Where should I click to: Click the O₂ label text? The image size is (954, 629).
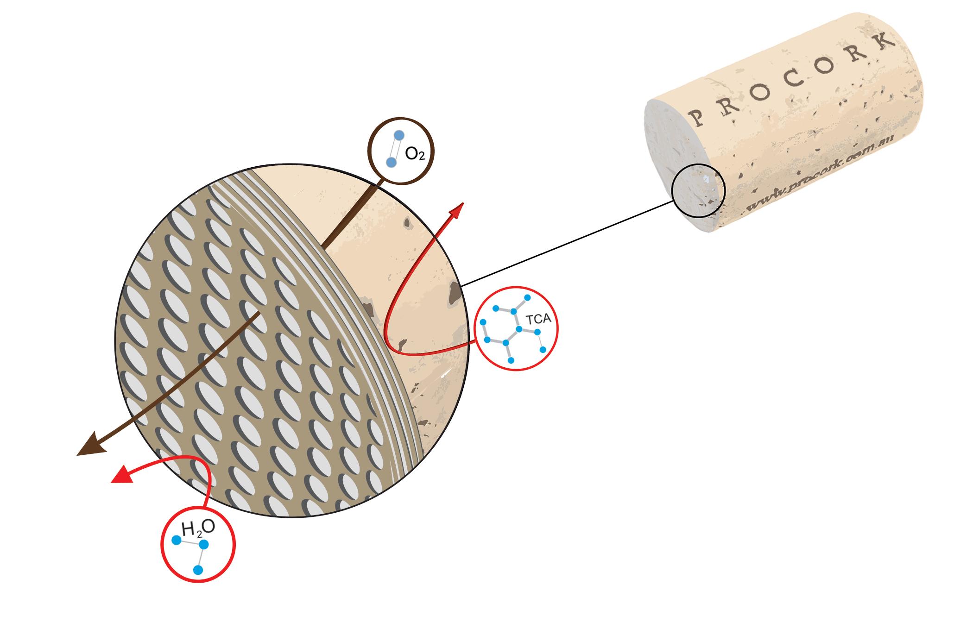click(415, 154)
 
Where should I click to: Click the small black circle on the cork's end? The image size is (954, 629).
click(698, 191)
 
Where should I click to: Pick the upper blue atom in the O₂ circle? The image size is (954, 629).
click(399, 135)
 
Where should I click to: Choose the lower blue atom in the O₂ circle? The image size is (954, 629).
click(391, 162)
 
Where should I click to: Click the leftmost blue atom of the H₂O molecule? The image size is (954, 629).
click(176, 540)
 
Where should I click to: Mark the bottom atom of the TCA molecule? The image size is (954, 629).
click(510, 360)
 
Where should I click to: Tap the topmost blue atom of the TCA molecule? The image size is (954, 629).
click(527, 297)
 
